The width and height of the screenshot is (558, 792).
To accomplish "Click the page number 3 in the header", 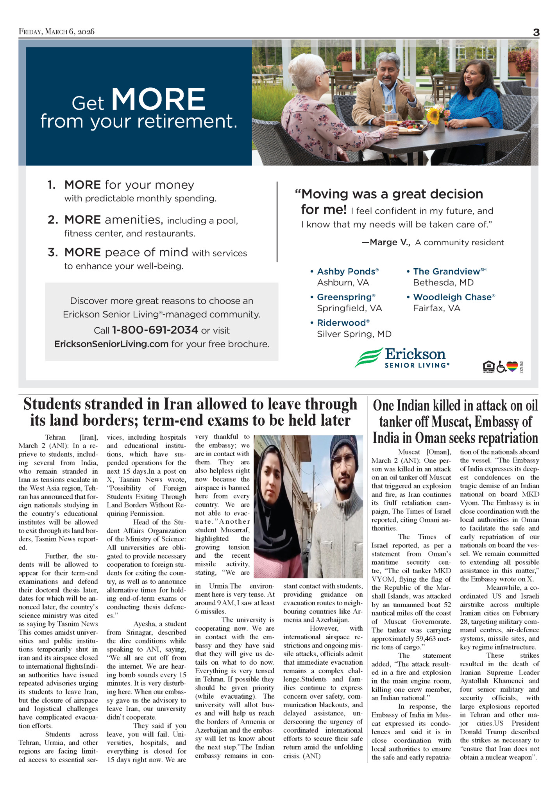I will click(x=536, y=33).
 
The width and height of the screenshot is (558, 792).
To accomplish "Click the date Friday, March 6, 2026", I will click(x=57, y=32).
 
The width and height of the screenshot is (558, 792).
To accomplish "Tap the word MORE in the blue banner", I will click(x=158, y=99).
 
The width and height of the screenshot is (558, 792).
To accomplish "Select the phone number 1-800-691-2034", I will click(x=155, y=330).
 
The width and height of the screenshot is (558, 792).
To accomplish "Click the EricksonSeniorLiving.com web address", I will click(x=111, y=344).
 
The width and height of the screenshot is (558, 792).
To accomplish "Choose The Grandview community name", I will click(x=447, y=271).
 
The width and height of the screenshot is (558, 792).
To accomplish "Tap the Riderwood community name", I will click(x=342, y=323).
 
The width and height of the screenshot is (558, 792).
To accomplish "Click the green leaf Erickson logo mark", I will click(x=368, y=357).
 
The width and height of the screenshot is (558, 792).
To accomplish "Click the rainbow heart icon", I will click(x=512, y=366).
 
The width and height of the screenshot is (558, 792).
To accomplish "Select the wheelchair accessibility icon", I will click(x=501, y=367).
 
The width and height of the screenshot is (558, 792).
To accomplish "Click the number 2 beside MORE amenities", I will click(x=52, y=220).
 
